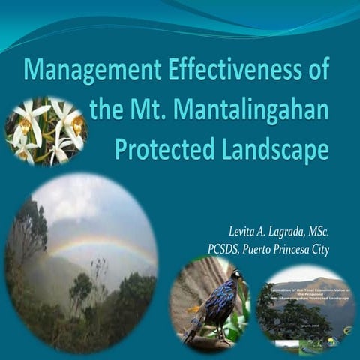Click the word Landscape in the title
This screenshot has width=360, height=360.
pyautogui.click(x=266, y=148)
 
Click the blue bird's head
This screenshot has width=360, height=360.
pyautogui.click(x=235, y=276)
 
